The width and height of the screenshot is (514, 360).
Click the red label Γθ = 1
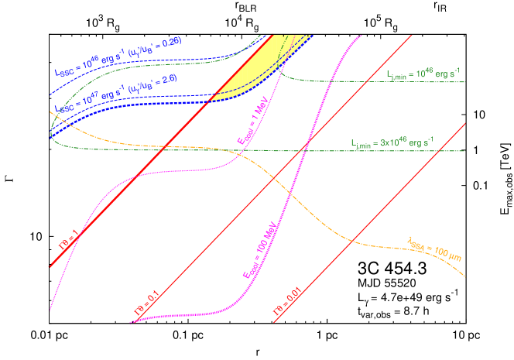[69, 242]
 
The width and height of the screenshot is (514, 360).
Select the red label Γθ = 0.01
[286, 304]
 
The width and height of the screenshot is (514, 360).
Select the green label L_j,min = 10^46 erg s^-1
[425, 74]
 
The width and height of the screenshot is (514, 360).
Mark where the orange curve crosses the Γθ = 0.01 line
[354, 241]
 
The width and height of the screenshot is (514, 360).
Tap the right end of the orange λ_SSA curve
[464, 276]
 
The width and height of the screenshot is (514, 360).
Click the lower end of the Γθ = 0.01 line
[273, 323]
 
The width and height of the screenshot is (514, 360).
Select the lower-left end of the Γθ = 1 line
[50, 268]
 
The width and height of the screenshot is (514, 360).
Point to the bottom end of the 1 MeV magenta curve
[52, 308]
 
